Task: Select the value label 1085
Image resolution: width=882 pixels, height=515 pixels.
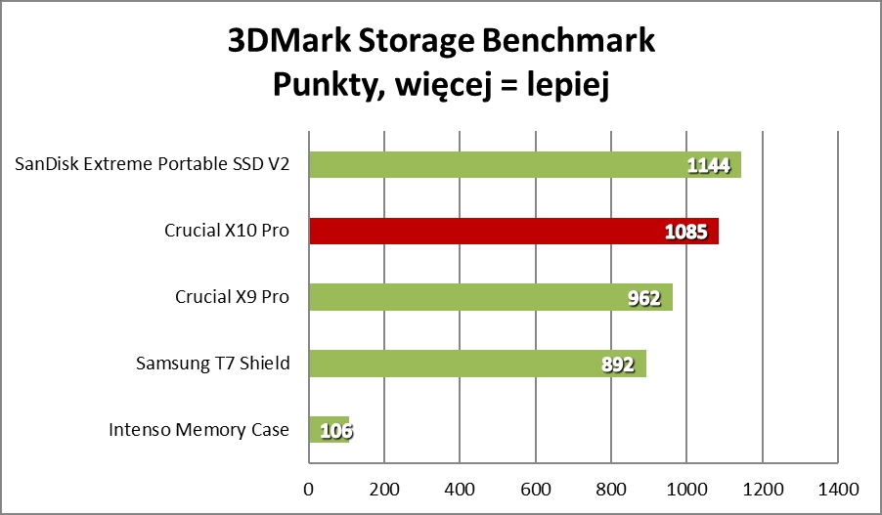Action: (686, 233)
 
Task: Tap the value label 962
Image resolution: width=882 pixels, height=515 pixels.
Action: (644, 298)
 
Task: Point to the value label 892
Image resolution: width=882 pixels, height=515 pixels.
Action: (618, 365)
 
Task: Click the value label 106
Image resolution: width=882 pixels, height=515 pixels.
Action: (332, 430)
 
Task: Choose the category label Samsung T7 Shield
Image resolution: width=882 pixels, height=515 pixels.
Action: (212, 364)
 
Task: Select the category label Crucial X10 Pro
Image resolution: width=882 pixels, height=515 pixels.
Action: (227, 232)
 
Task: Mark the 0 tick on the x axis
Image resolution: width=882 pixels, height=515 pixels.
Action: (309, 487)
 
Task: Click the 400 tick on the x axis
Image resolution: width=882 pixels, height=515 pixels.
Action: (460, 487)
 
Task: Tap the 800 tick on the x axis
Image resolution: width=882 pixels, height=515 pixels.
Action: (610, 487)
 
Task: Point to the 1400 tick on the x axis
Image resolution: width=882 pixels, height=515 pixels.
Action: (837, 487)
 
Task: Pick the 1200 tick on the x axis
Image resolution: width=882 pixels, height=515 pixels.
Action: (762, 487)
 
